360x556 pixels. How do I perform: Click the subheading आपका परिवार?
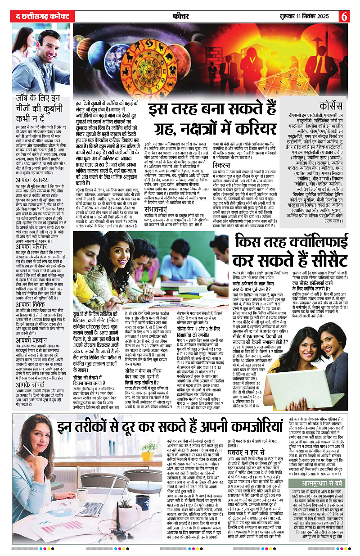coord(31,247)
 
